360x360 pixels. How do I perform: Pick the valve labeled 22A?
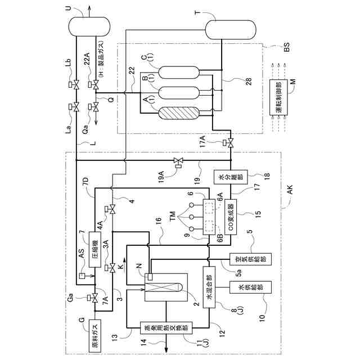point(95,86)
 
